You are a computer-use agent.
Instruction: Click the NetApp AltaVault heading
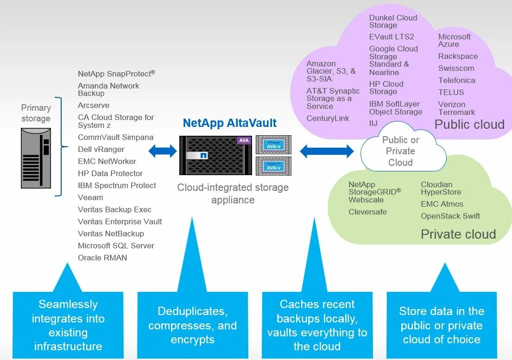click(229, 123)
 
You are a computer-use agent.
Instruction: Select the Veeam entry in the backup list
click(90, 197)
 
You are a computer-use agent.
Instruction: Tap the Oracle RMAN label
click(102, 258)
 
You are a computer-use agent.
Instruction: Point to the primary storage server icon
click(36, 158)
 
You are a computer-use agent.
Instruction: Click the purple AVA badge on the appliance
click(244, 140)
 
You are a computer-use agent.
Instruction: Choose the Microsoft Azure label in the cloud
click(454, 40)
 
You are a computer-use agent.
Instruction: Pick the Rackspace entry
click(458, 56)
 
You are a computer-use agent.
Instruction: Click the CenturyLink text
click(328, 118)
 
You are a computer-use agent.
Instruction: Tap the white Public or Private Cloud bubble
click(400, 151)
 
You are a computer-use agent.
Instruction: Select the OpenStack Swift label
click(450, 216)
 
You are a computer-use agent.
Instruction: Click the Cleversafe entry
click(367, 212)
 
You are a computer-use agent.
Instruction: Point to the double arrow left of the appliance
click(163, 151)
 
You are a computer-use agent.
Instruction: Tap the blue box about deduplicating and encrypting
click(192, 325)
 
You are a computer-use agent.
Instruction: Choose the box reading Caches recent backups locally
click(317, 325)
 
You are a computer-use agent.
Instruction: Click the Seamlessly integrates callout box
click(68, 325)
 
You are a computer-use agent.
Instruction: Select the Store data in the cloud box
click(441, 325)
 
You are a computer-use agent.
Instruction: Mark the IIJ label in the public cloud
click(373, 123)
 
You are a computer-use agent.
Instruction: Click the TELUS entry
click(451, 92)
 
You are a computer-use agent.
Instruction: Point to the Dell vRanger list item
click(101, 149)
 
